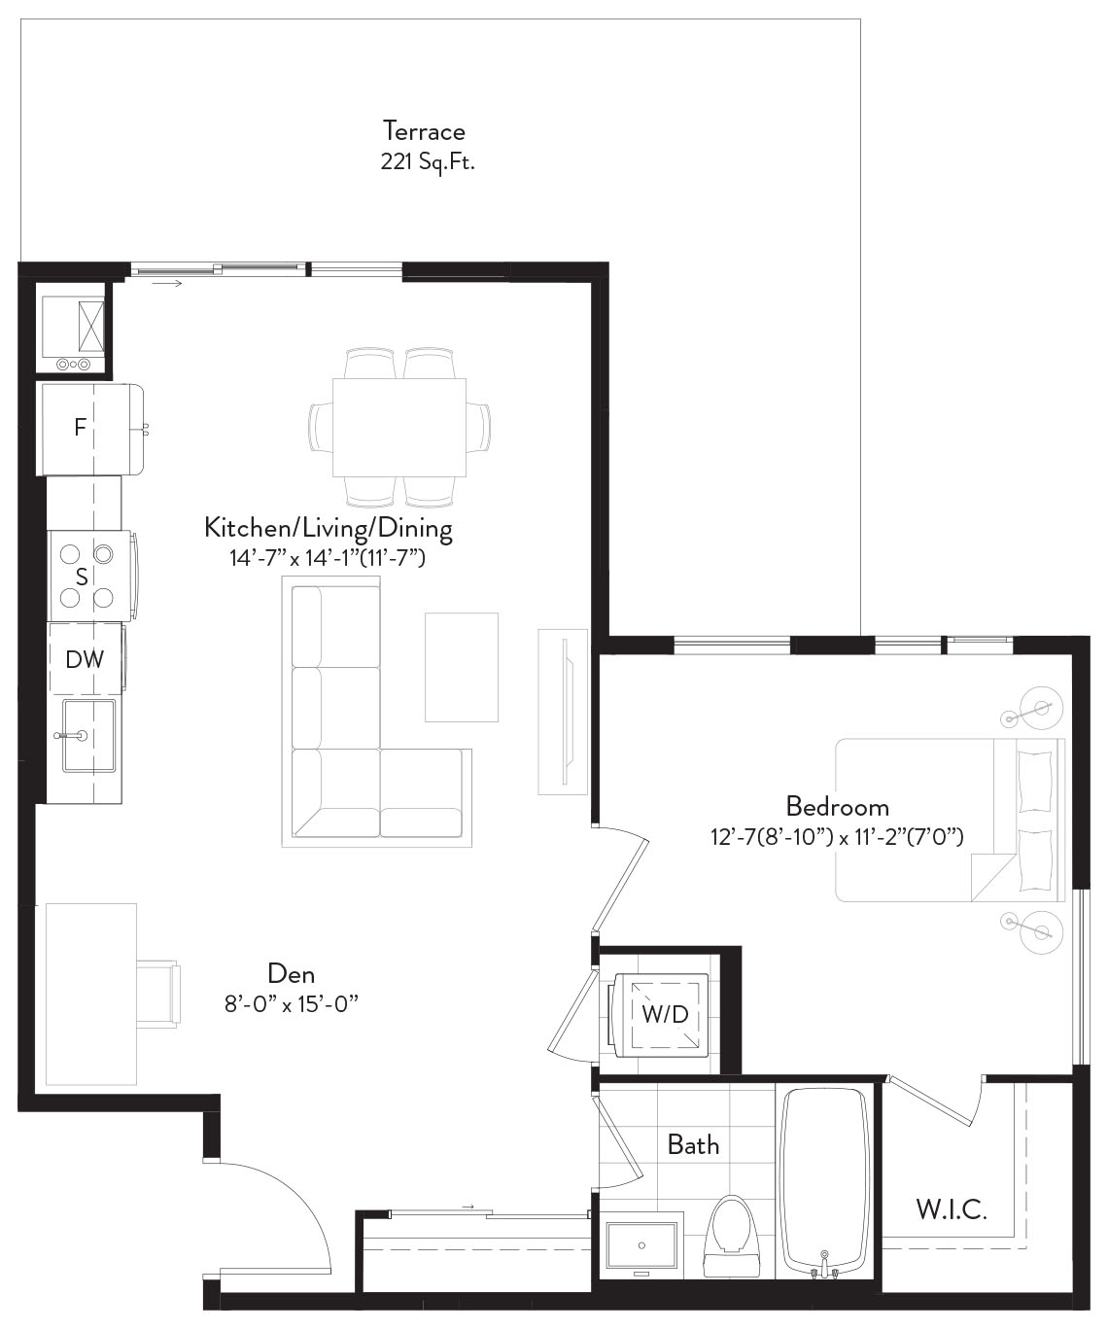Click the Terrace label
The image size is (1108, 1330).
pos(424,131)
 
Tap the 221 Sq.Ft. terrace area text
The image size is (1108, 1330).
pos(428,161)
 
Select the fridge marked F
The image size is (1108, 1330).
pos(92,429)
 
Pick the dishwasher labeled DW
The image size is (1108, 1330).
pos(86,658)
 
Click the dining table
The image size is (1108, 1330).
pos(399,428)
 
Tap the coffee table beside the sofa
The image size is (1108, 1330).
pos(462,667)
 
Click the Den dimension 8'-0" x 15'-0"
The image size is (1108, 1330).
pos(292,1004)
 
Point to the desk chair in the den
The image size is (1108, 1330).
pos(157,995)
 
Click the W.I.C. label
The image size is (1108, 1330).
pos(952,1209)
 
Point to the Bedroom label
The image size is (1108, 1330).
pos(838,806)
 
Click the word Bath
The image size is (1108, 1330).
pos(693,1145)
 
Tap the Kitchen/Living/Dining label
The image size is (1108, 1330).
pos(329,528)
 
